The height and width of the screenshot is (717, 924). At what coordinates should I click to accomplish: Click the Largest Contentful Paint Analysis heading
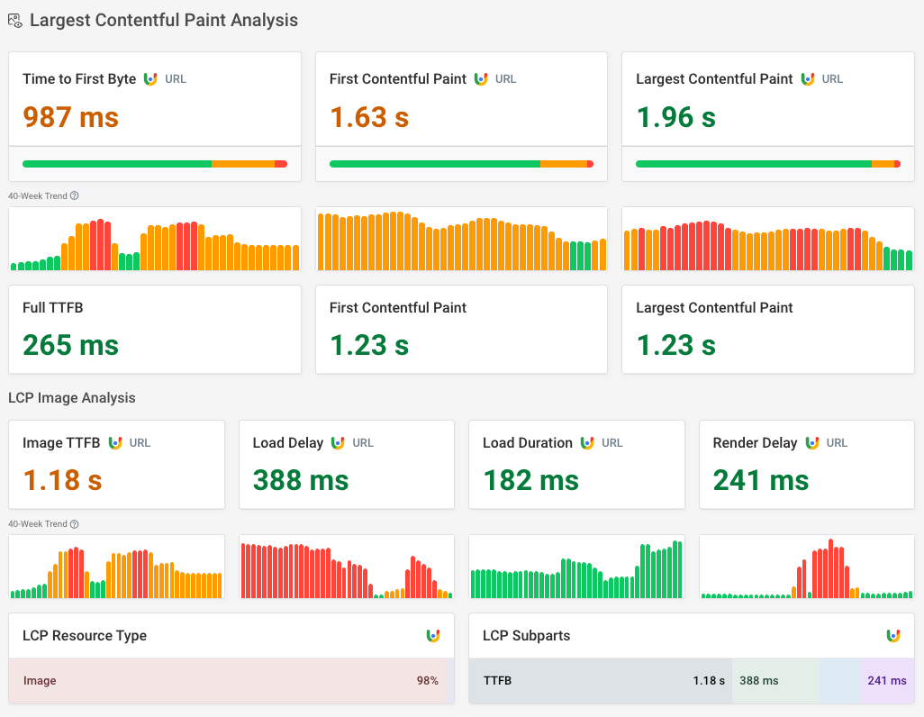[x=163, y=20]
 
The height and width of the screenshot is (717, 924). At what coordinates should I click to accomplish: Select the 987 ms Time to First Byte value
[x=70, y=117]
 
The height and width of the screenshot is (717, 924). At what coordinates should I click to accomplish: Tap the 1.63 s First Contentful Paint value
[x=369, y=117]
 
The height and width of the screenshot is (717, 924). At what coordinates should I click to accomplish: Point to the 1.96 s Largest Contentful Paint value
[x=675, y=117]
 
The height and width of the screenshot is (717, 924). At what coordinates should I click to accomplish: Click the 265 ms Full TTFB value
[x=70, y=345]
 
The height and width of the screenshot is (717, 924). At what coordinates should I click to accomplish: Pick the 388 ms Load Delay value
[x=300, y=480]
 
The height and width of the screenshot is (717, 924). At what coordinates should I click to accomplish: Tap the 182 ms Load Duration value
[x=530, y=480]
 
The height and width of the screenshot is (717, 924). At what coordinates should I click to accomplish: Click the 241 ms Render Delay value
[x=761, y=480]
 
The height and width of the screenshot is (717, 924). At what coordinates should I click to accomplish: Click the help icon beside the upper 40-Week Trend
[x=75, y=195]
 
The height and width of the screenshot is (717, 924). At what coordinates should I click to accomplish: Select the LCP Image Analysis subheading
[x=71, y=397]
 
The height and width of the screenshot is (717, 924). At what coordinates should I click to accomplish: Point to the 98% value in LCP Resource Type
[x=427, y=681]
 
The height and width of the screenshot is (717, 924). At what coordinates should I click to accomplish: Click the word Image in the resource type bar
[x=40, y=681]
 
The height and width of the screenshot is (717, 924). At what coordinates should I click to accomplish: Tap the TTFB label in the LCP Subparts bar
[x=497, y=681]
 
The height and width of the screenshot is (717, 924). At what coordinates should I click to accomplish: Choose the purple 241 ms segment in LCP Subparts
[x=886, y=681]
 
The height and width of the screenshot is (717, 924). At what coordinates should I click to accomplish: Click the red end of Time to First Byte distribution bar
[x=281, y=164]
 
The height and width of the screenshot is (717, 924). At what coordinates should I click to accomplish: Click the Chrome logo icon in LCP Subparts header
[x=892, y=636]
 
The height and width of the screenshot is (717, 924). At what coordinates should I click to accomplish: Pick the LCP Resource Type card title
[x=85, y=636]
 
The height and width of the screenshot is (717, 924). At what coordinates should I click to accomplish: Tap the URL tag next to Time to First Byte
[x=176, y=79]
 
